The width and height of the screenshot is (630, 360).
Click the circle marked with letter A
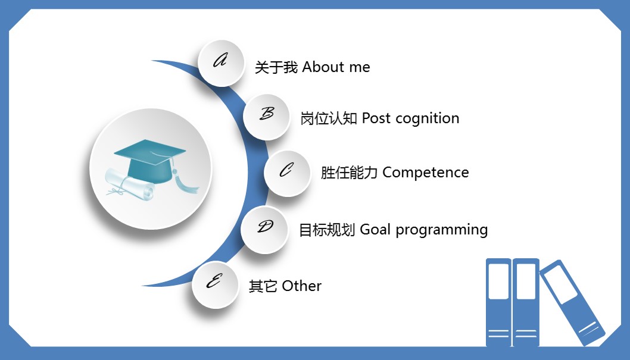pyautogui.click(x=221, y=62)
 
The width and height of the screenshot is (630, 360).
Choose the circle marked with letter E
pyautogui.click(x=215, y=284)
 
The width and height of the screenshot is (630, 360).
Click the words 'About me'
pyautogui.click(x=336, y=67)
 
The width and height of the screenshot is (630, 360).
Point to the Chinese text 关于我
pyautogui.click(x=276, y=68)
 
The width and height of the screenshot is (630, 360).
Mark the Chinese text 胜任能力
pyautogui.click(x=349, y=173)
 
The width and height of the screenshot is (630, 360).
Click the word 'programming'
pyautogui.click(x=441, y=230)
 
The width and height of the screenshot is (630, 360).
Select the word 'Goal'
pyautogui.click(x=375, y=230)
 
